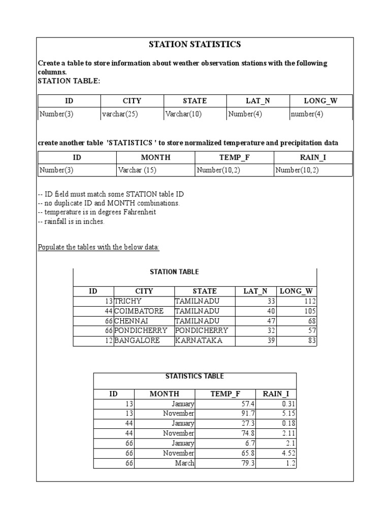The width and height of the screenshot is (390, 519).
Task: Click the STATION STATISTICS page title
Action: point(194,45)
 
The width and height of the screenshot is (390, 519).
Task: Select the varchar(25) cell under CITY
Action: point(120,114)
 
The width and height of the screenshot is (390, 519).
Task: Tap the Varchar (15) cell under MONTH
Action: point(137,170)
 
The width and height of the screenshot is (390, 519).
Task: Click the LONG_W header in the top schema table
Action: point(320,101)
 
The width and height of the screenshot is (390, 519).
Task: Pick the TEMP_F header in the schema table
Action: point(234,158)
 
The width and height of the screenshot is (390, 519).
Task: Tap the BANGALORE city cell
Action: point(137,341)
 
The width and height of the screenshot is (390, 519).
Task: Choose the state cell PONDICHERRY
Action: point(202,330)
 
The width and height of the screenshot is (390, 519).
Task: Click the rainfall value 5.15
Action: point(288,414)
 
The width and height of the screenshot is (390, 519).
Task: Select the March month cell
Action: point(185,463)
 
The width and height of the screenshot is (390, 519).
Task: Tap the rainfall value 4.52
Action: point(288,453)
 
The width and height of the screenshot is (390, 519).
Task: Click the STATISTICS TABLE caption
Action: point(194,376)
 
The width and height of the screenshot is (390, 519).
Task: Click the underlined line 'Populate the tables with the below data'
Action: point(99,247)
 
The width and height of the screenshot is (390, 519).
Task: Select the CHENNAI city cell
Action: point(130,321)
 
